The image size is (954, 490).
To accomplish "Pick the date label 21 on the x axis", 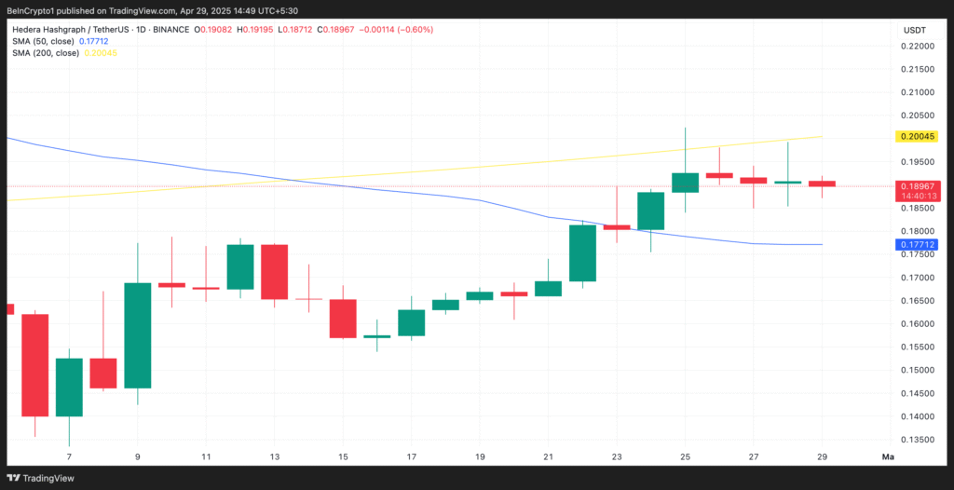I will pyautogui.click(x=548, y=457).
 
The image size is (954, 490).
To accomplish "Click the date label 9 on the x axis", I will pyautogui.click(x=138, y=457).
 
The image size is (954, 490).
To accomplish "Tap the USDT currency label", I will pyautogui.click(x=914, y=30).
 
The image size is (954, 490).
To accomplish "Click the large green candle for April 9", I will pyautogui.click(x=138, y=335).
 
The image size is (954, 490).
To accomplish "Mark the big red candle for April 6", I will pyautogui.click(x=34, y=365).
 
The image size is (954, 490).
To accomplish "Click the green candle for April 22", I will pyautogui.click(x=582, y=252).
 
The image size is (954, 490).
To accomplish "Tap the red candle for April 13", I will pyautogui.click(x=274, y=271).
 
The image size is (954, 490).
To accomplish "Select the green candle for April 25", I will pyautogui.click(x=685, y=183).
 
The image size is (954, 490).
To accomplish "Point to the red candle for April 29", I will pyautogui.click(x=822, y=184).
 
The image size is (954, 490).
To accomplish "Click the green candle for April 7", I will pyautogui.click(x=69, y=388).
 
